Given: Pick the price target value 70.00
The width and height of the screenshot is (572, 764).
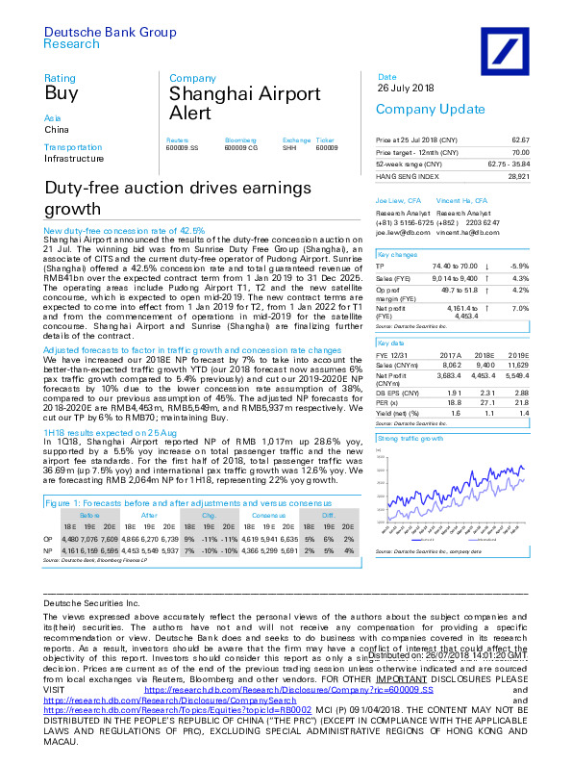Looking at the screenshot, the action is click(520, 152).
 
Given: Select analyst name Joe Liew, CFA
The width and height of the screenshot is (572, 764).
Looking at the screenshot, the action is click(395, 199).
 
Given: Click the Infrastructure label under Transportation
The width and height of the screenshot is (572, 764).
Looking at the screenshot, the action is click(75, 158).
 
